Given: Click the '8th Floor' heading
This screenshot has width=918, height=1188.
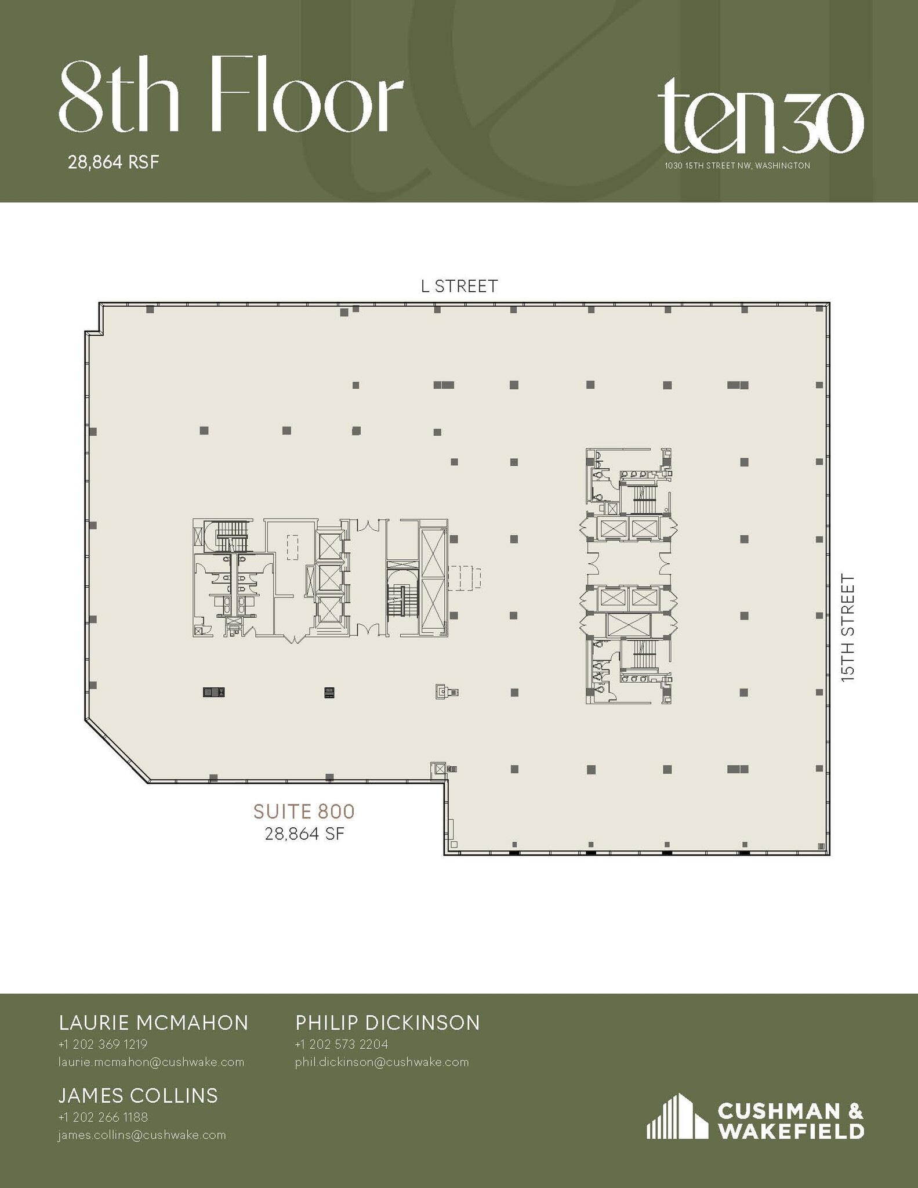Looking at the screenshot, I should pos(231,95).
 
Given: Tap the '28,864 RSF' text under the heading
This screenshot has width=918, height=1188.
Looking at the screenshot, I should pos(113,162).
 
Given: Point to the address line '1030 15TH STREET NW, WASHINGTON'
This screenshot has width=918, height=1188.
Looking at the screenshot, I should pos(737,166).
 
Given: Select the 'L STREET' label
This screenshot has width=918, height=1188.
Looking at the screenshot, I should pos(459,287).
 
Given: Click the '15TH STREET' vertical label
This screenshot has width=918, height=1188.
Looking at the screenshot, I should pos(848,627).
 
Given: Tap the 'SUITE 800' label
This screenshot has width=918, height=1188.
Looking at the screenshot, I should pos(304,811).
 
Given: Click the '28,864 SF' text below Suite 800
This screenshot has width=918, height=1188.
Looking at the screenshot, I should pos(304,834).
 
